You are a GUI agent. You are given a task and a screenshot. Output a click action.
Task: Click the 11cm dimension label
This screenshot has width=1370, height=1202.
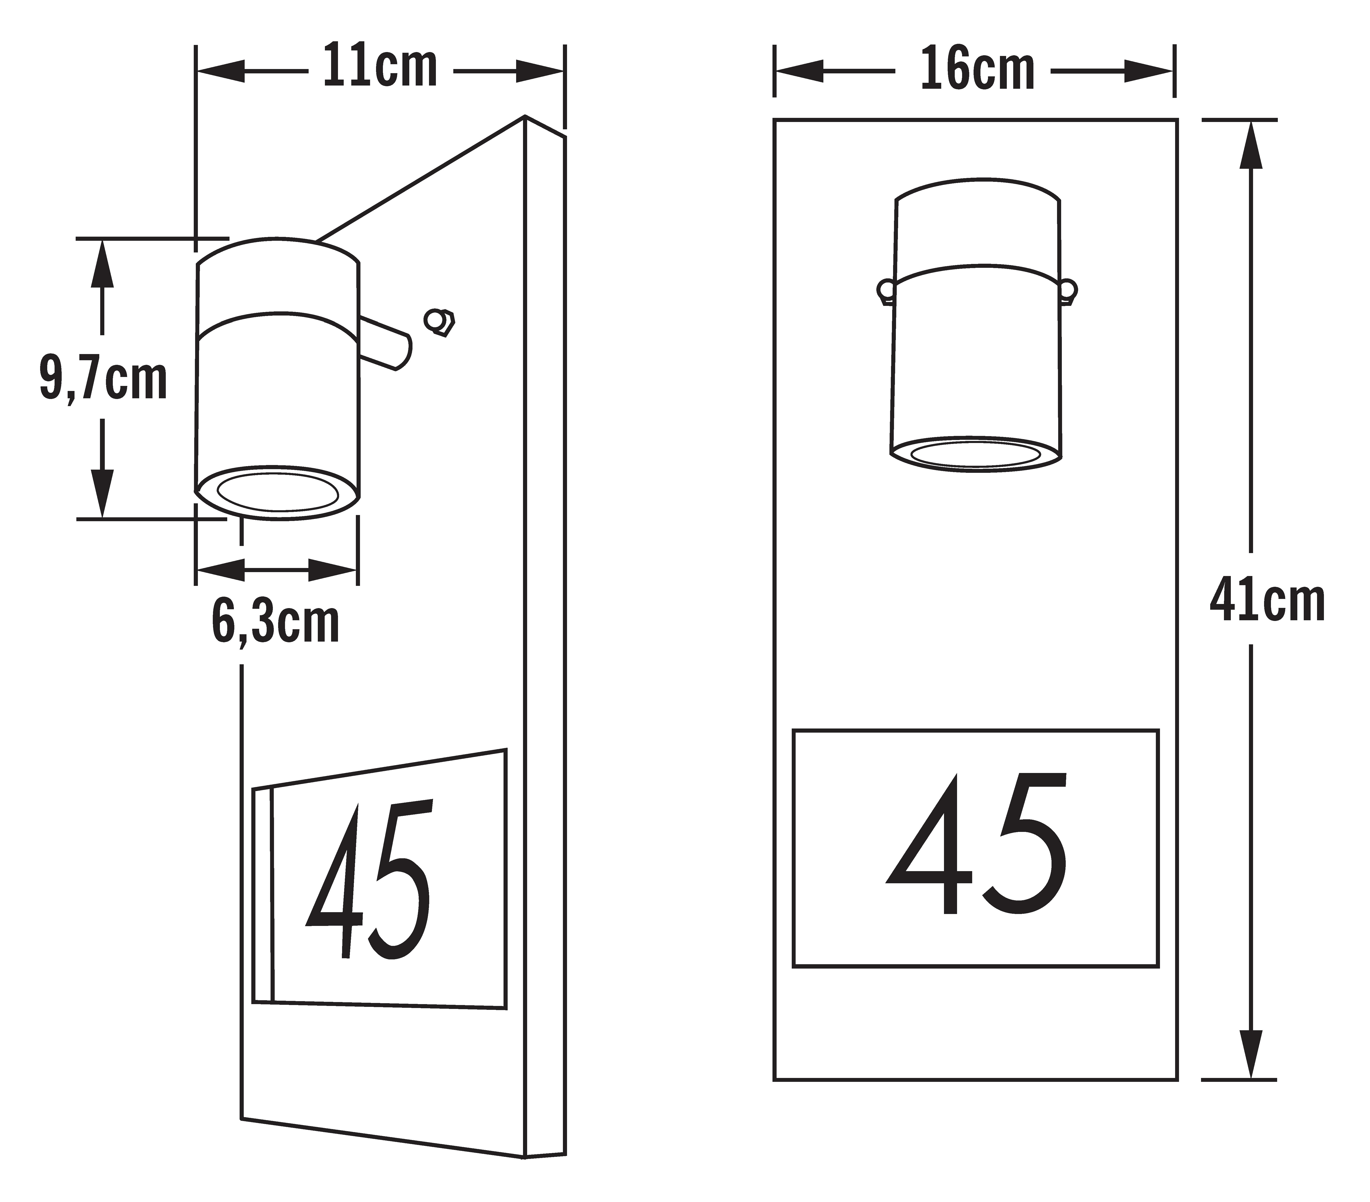pyautogui.click(x=380, y=66)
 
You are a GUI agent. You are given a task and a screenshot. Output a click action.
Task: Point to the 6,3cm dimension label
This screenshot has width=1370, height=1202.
pyautogui.click(x=275, y=622)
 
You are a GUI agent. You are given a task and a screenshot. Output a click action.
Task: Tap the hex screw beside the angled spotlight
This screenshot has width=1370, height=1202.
pyautogui.click(x=440, y=322)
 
